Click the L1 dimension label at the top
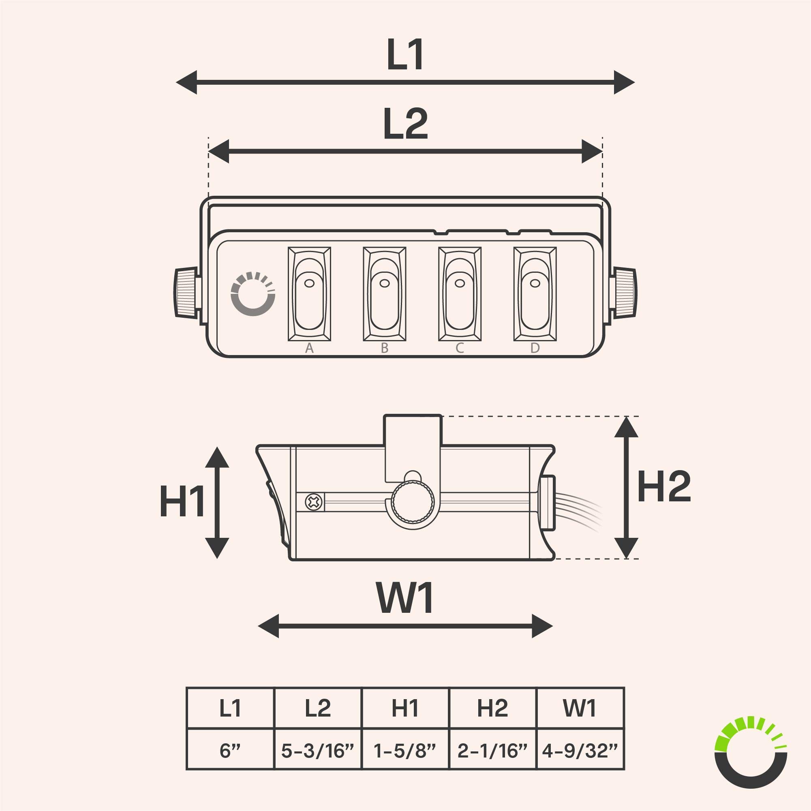(405, 55)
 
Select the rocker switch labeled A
(309, 294)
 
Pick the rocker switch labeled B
(385, 294)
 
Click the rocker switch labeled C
(460, 294)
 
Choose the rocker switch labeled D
(535, 294)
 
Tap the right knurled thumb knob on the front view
(625, 293)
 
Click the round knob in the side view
(413, 502)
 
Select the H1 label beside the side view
(182, 501)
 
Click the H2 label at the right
(663, 487)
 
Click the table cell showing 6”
(230, 751)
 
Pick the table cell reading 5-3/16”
(318, 751)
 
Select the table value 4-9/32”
(580, 751)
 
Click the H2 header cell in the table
(492, 708)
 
